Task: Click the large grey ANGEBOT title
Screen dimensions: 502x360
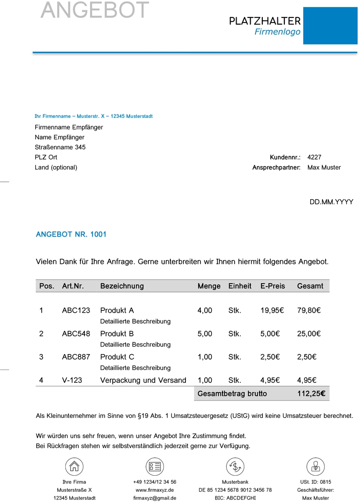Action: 95,10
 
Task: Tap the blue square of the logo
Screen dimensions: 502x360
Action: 330,26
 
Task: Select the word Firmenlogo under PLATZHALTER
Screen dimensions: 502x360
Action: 277,32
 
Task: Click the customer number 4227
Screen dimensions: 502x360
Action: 314,157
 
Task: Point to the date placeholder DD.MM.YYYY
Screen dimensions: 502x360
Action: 331,202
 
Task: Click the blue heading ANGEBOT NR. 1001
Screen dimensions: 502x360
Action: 71,234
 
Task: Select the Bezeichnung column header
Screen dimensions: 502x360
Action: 122,286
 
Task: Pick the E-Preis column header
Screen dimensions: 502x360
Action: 272,286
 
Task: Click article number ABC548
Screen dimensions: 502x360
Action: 76,334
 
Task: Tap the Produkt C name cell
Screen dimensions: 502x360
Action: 117,357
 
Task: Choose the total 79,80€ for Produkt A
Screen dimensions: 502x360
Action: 309,310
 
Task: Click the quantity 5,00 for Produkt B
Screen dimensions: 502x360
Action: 205,334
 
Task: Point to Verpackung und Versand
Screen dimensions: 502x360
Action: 143,380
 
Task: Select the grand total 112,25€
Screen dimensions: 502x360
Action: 311,394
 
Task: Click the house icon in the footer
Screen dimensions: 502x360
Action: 74,466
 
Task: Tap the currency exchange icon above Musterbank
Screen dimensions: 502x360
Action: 235,466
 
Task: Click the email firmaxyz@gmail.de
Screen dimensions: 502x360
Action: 154,498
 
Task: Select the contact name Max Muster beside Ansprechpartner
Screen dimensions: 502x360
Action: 324,168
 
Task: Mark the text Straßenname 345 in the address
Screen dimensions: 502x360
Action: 60,147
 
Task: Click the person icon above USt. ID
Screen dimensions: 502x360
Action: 315,466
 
